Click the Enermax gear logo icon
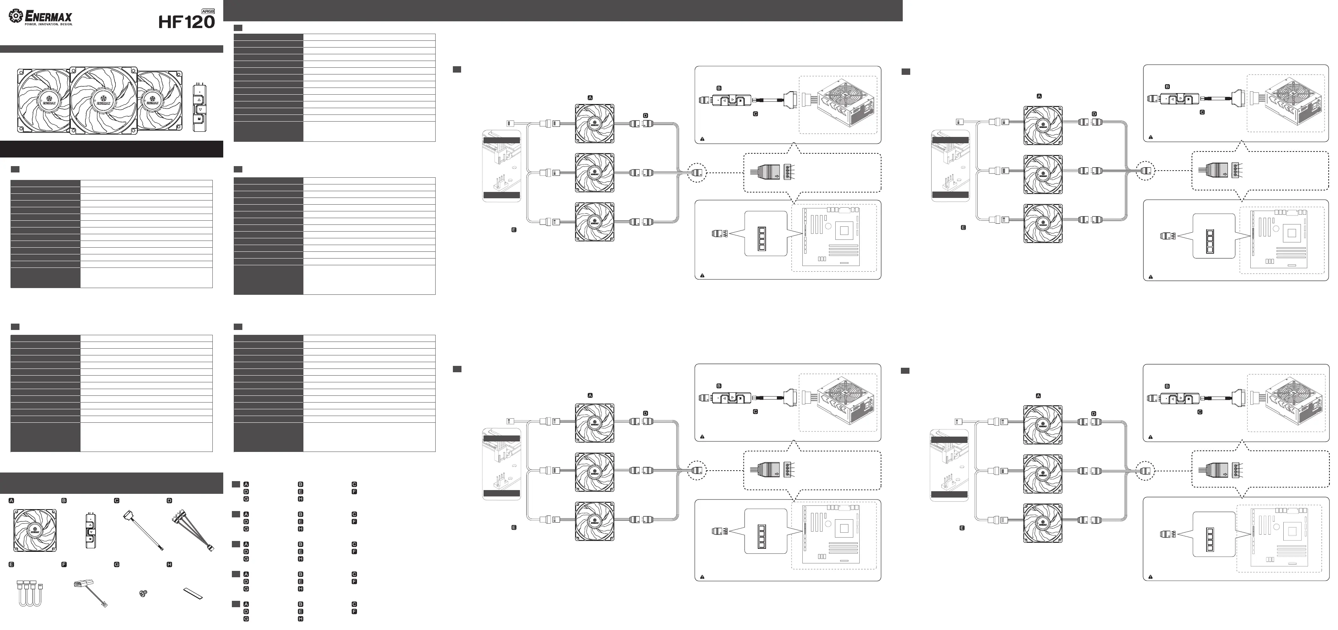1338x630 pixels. [x=16, y=16]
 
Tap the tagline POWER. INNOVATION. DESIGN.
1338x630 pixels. [x=49, y=24]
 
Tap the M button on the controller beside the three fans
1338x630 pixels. [x=199, y=120]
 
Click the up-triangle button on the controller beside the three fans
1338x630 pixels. [x=199, y=99]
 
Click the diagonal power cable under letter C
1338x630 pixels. [x=144, y=530]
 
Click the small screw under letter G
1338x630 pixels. [x=143, y=593]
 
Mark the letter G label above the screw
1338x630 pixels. [x=117, y=564]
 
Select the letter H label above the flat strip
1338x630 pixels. [x=169, y=564]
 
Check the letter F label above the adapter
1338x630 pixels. [x=64, y=564]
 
